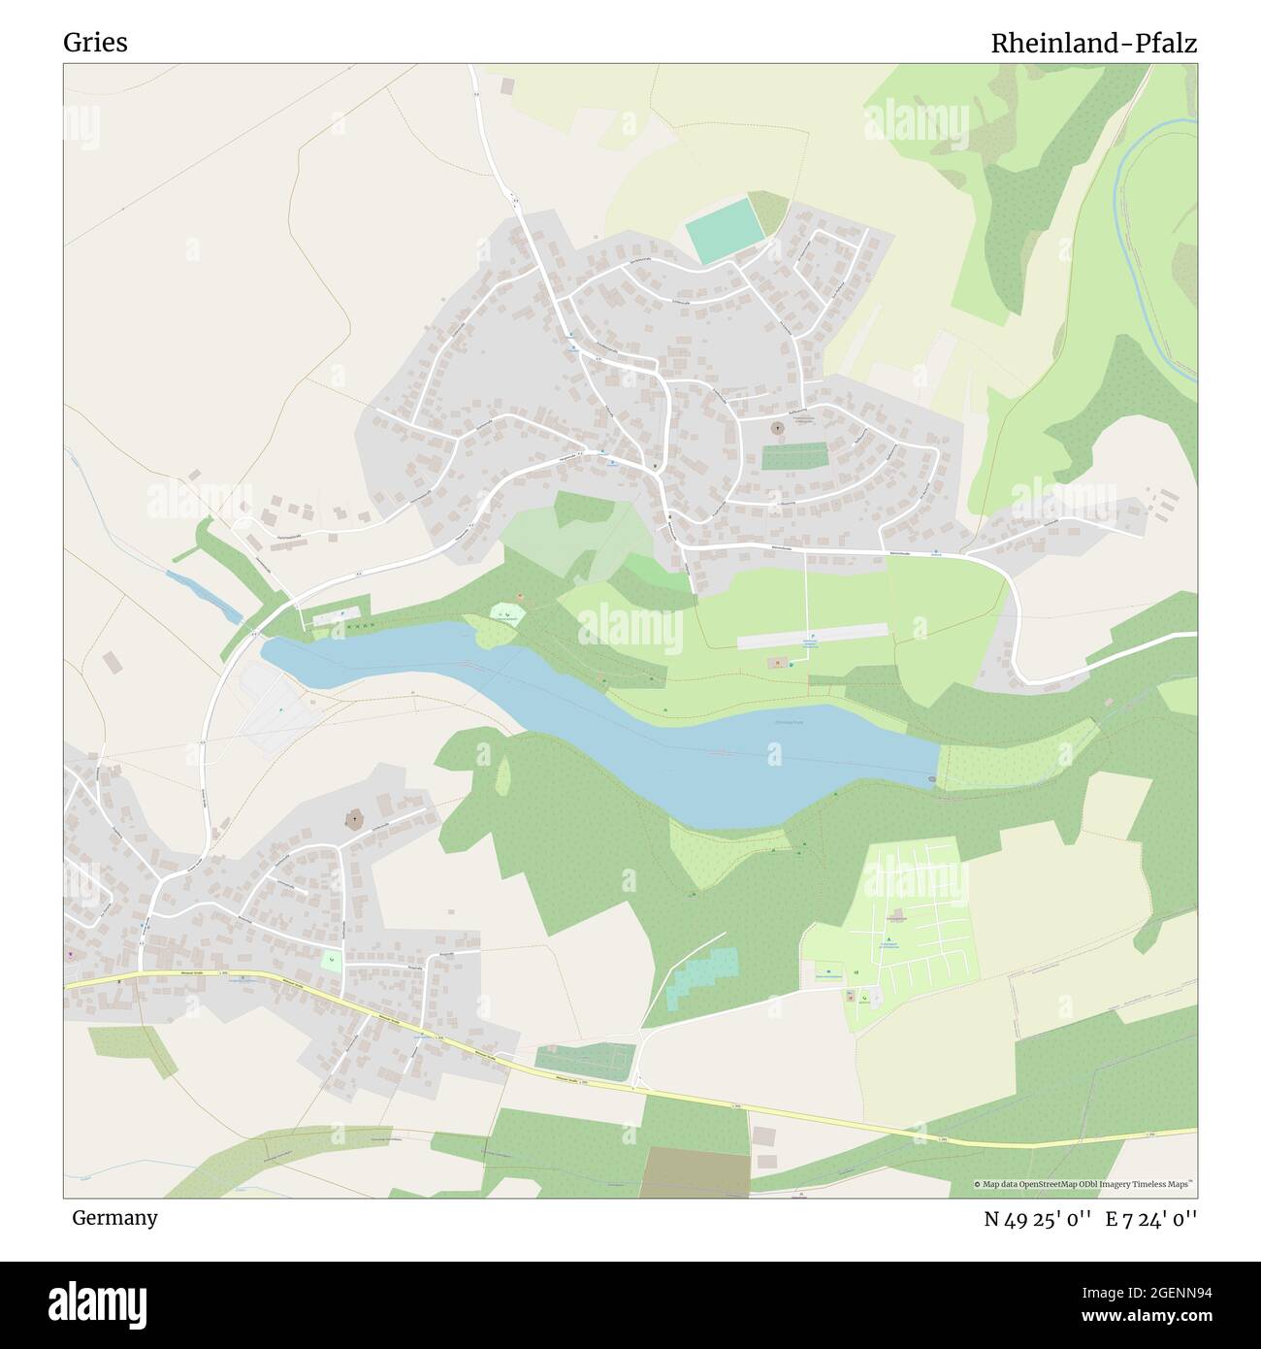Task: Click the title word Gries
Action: (x=95, y=43)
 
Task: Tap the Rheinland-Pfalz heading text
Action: (x=1093, y=43)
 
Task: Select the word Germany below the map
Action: (x=114, y=1217)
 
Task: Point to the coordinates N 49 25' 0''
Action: (x=1037, y=1218)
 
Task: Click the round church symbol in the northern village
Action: (x=777, y=427)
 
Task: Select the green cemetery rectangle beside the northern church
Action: (x=793, y=455)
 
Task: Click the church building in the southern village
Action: (x=355, y=821)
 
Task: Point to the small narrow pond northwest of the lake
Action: (x=204, y=596)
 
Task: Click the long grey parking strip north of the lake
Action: (x=813, y=637)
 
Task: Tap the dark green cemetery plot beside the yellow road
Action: (x=584, y=1059)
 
